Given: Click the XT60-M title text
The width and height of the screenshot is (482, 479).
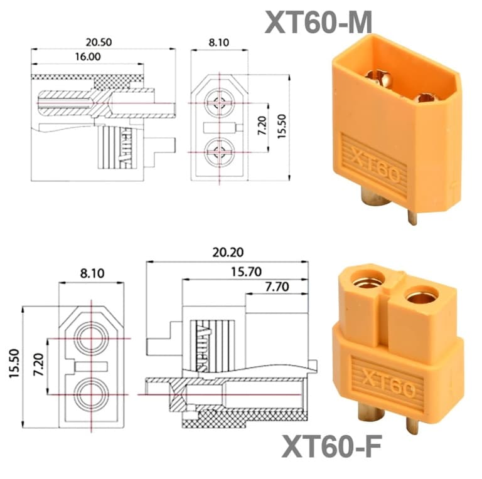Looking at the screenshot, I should [x=318, y=23].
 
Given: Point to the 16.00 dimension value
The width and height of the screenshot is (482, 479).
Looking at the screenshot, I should [x=87, y=56].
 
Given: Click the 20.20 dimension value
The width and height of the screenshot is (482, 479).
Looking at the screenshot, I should [x=227, y=253].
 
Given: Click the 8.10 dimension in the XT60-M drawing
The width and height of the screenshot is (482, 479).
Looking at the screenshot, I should [x=218, y=42].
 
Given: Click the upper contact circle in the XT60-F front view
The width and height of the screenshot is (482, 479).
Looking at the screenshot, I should [x=92, y=339].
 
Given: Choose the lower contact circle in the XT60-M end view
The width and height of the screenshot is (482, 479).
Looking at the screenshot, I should [x=219, y=150].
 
